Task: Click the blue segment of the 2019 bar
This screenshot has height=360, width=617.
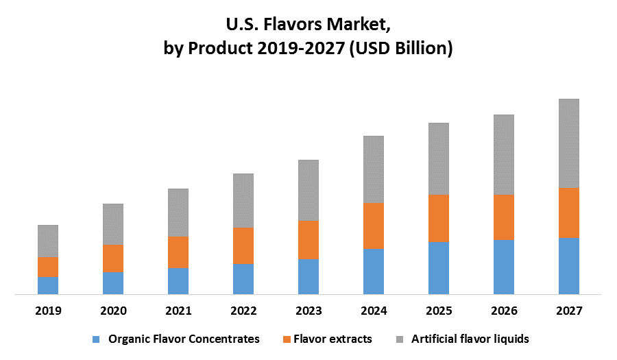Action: [x=48, y=285]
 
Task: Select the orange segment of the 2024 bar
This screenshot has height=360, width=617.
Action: [x=374, y=226]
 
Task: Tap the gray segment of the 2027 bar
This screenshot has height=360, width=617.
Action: [x=569, y=143]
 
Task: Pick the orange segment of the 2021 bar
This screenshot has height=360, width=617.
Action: [x=178, y=252]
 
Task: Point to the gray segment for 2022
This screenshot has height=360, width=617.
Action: [x=243, y=200]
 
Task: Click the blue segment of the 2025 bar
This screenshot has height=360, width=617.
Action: [x=439, y=268]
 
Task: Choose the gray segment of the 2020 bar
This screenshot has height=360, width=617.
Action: [x=113, y=224]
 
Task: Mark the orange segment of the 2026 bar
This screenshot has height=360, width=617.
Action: [x=504, y=217]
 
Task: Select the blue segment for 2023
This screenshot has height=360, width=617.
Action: [x=308, y=276]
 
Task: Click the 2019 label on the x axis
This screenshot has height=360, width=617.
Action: [x=48, y=311]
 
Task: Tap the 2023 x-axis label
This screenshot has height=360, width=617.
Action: [x=308, y=311]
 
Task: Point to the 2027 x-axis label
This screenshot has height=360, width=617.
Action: [x=569, y=311]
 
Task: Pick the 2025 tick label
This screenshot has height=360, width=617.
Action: [x=439, y=311]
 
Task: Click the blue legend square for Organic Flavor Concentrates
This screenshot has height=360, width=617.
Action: [x=96, y=339]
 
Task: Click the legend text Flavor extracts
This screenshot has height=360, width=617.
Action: [x=332, y=339]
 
